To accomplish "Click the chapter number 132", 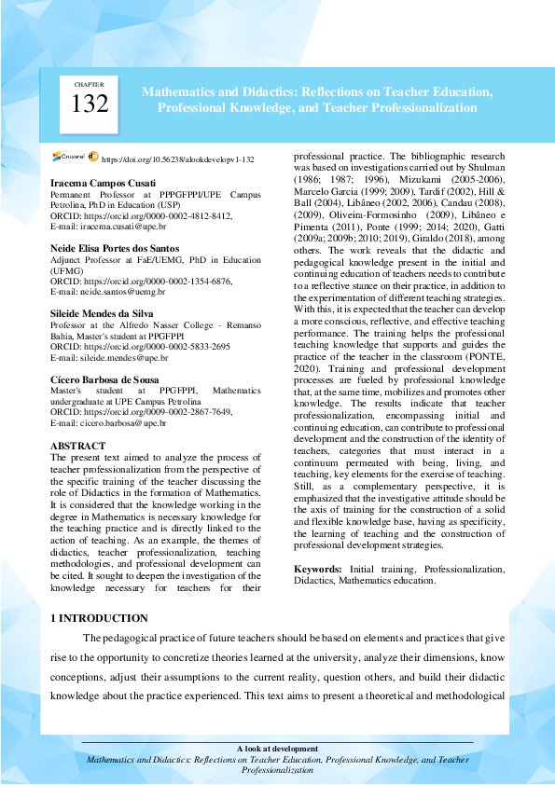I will click(x=90, y=105).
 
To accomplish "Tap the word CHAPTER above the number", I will click(x=90, y=85).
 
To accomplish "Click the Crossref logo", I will click(x=70, y=158).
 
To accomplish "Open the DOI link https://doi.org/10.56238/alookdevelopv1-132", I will click(x=177, y=160).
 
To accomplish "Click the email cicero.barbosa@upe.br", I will click(x=118, y=422).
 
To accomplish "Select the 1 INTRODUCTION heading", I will click(x=99, y=618).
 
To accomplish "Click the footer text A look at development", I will click(x=277, y=749).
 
